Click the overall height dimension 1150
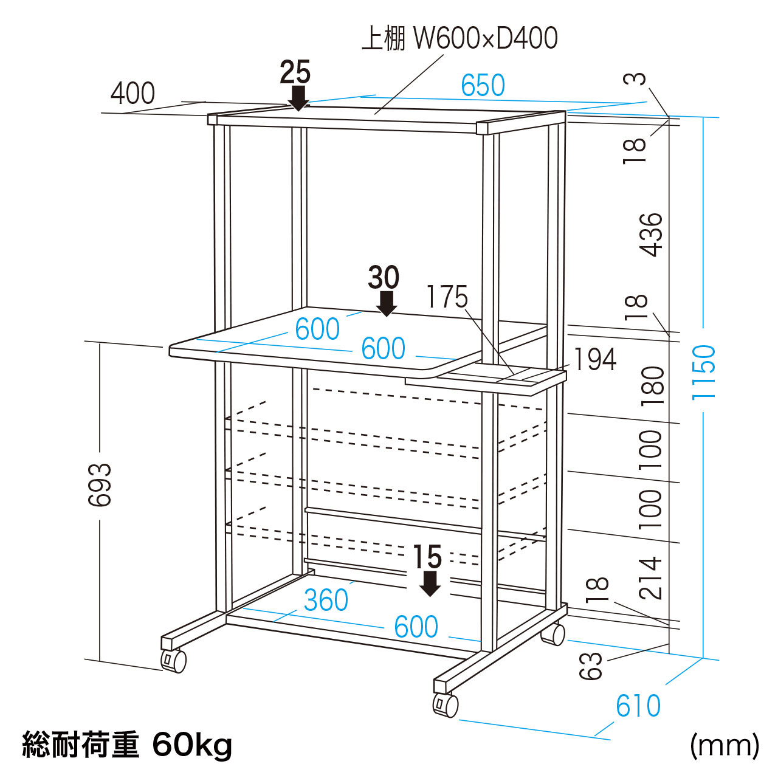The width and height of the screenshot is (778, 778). point(704,371)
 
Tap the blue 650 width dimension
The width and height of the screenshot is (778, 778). point(483,86)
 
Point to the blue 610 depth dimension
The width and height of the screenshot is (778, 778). point(638,706)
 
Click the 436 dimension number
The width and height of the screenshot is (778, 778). point(650,235)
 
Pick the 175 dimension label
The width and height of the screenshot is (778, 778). point(447,297)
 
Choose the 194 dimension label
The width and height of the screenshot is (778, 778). point(595,359)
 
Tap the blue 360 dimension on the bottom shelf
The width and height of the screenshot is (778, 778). point(326,601)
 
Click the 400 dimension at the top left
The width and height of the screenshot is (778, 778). point(133,94)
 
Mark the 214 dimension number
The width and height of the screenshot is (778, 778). point(650,577)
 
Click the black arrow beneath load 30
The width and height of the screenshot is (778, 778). point(386,303)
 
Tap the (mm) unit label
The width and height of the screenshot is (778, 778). point(724,745)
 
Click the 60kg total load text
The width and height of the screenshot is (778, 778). point(192,745)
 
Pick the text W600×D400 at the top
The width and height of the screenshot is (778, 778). point(485,38)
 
